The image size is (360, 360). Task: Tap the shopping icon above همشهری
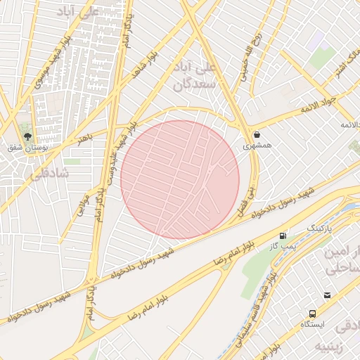tap(257, 134)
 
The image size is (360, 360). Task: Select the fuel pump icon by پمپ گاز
tap(283, 235)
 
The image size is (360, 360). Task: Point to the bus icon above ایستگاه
tap(311, 314)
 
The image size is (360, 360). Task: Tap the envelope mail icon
tap(327, 295)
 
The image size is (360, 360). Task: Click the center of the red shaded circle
tap(180, 179)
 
